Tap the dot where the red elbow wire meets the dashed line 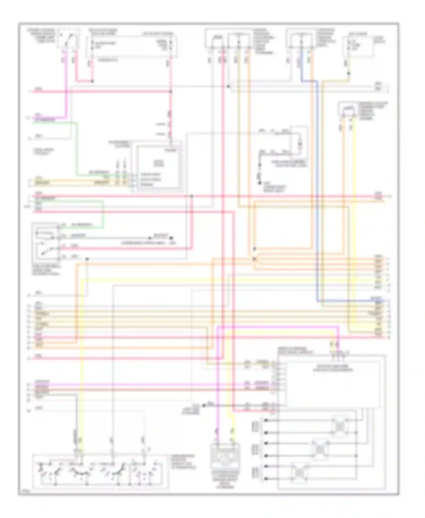[x=92, y=81]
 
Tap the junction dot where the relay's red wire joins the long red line [x=192, y=196]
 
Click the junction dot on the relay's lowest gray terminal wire [x=87, y=259]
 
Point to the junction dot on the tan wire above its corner [x=349, y=73]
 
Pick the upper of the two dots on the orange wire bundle [x=254, y=249]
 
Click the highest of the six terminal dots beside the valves [x=266, y=420]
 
